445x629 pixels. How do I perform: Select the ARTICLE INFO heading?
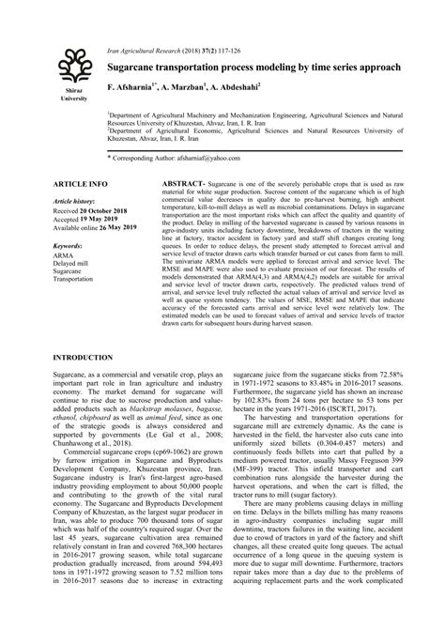[x=80, y=184]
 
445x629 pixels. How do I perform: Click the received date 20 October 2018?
[x=97, y=210]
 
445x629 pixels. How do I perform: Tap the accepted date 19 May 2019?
[x=96, y=219]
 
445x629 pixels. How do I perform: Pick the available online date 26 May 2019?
[x=109, y=227]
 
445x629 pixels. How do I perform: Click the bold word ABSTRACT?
[x=184, y=184]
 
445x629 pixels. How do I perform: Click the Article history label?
[x=74, y=201]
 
